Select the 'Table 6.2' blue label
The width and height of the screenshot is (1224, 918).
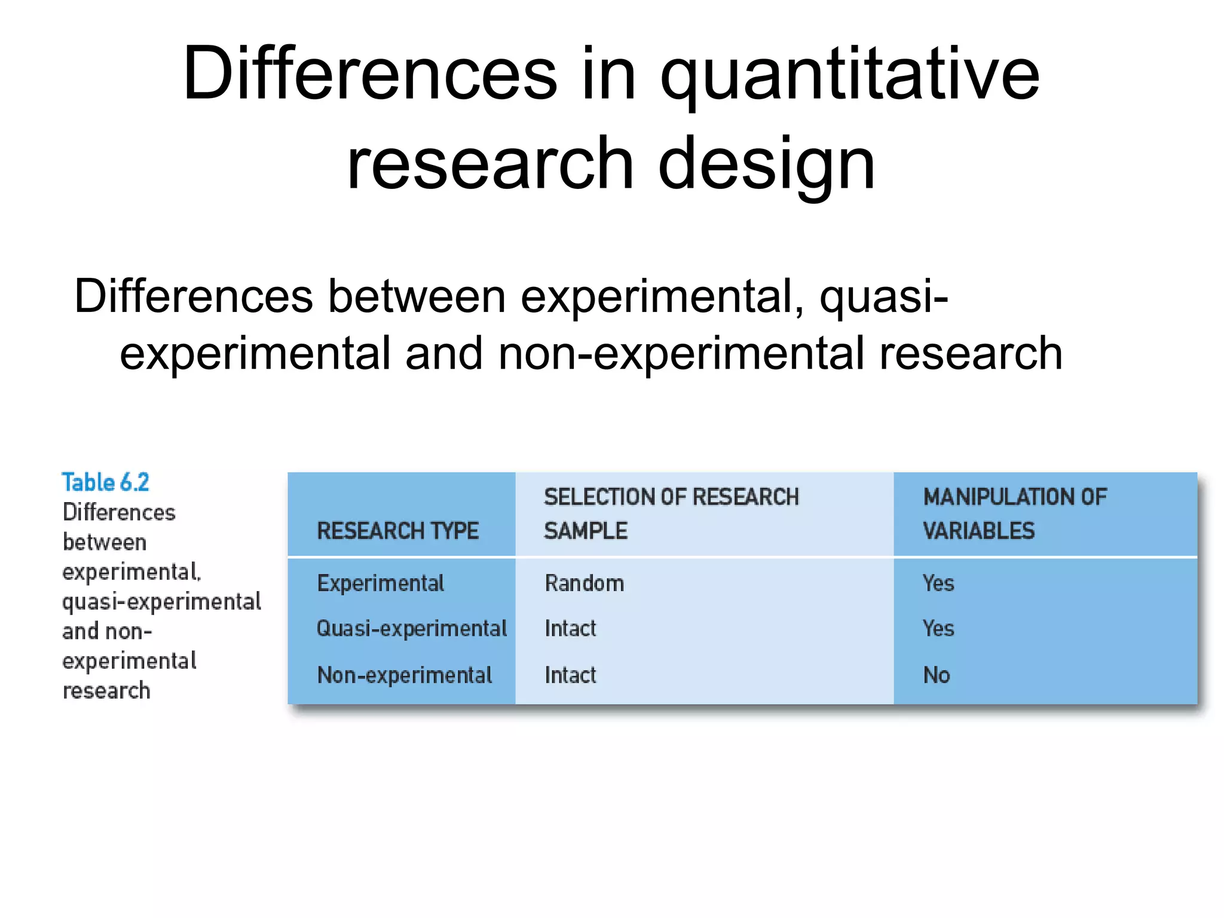[x=105, y=482]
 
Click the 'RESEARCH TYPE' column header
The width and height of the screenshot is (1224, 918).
[x=397, y=531]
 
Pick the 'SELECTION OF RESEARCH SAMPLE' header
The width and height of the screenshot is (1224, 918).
[x=671, y=513]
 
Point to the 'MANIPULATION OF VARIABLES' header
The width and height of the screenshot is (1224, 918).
[x=1014, y=513]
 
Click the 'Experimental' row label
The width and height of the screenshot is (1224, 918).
[x=380, y=583]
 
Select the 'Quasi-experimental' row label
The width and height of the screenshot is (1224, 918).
[x=411, y=629]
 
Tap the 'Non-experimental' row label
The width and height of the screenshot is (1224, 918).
[x=404, y=675]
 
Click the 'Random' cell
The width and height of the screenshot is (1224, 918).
[x=584, y=583]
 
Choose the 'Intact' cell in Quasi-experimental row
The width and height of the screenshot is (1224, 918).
[x=570, y=629]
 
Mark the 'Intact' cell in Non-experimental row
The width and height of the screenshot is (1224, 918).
[x=570, y=675]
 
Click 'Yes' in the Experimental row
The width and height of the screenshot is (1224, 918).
[x=938, y=583]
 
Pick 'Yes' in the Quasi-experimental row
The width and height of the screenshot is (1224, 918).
[x=938, y=629]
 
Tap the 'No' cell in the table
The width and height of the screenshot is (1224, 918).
[x=936, y=675]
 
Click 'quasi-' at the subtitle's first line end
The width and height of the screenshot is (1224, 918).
[x=883, y=297]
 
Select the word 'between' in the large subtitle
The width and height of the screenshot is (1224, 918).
[x=417, y=297]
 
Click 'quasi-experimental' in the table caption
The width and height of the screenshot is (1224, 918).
[x=161, y=602]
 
